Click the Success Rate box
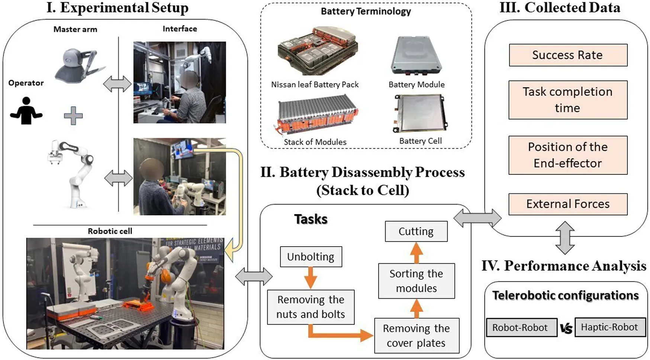[568, 55]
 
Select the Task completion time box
[568, 100]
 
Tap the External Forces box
[568, 204]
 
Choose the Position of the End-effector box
[568, 155]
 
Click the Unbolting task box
[310, 257]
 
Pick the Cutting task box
[416, 231]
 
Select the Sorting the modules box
[416, 281]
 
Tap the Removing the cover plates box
[416, 335]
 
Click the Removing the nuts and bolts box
[310, 307]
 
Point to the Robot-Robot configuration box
[521, 328]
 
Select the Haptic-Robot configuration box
[609, 327]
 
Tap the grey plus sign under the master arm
[73, 116]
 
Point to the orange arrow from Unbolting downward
[310, 277]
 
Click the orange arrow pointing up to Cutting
[416, 253]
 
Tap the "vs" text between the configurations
[566, 328]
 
